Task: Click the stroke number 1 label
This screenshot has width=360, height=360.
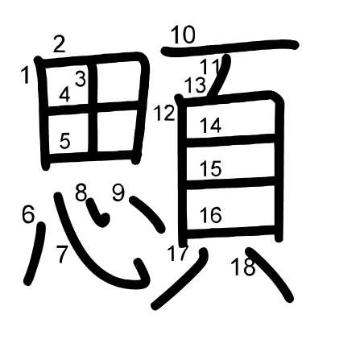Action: pos(26,76)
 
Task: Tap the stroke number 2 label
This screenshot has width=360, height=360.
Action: pos(60,44)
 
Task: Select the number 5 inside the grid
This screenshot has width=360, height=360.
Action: pos(65,140)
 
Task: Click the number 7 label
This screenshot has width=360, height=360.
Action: pos(62,254)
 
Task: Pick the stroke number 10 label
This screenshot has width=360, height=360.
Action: pos(183,35)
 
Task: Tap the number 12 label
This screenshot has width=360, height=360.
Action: pos(164,113)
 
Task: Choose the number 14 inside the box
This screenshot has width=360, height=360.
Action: pos(211,125)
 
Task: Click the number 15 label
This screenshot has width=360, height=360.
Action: pos(211,168)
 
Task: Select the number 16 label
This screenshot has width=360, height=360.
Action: pos(211,215)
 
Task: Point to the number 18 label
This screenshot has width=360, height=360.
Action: pos(243,267)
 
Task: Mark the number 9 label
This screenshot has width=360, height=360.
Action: pos(118,192)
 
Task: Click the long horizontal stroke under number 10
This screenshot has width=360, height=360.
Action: pos(230,48)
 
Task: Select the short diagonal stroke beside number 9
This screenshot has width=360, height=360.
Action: pos(147,214)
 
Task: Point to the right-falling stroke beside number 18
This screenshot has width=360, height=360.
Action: pos(269,273)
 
